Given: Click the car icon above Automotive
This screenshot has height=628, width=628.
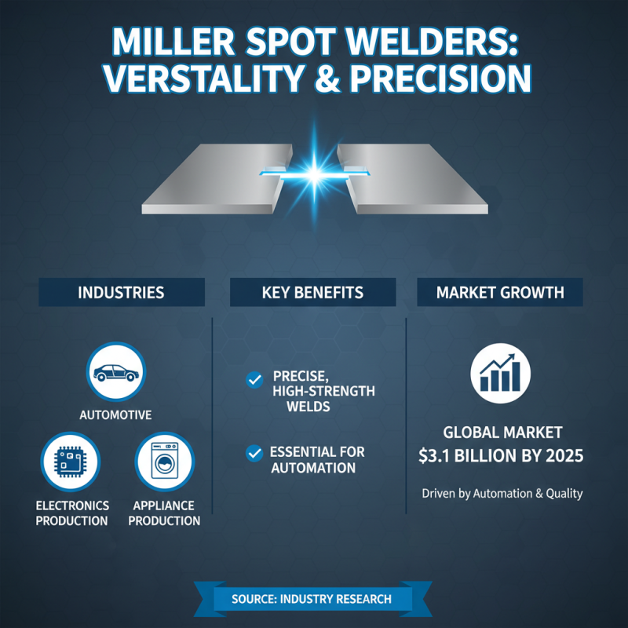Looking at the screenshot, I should pos(116,372).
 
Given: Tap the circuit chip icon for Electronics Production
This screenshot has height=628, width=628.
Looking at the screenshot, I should pos(70,462).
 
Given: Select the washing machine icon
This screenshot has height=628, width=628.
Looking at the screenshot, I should pos(164,462).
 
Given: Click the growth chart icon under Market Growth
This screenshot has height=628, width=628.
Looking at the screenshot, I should pos(500,372).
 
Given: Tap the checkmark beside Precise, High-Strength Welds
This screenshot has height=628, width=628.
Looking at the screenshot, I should pos(254,381).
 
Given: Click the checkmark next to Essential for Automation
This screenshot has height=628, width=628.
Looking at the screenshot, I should pos(254,453).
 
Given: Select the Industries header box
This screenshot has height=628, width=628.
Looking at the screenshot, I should pos(121,293).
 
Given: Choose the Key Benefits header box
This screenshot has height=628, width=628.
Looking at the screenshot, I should pos(312,293).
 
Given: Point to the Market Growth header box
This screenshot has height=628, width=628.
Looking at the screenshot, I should pos(500,293).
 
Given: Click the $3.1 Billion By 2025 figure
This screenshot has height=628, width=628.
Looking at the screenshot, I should pos(502,455).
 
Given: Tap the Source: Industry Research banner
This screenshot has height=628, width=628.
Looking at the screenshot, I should pos(312,599).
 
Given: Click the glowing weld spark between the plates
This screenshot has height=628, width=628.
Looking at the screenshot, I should pos(313,170).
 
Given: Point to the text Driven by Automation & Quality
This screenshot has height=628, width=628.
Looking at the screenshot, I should pos(502,494).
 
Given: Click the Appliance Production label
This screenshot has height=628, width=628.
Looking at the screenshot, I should pos(164,513).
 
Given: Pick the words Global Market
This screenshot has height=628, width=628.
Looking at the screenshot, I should pos(502,432).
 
